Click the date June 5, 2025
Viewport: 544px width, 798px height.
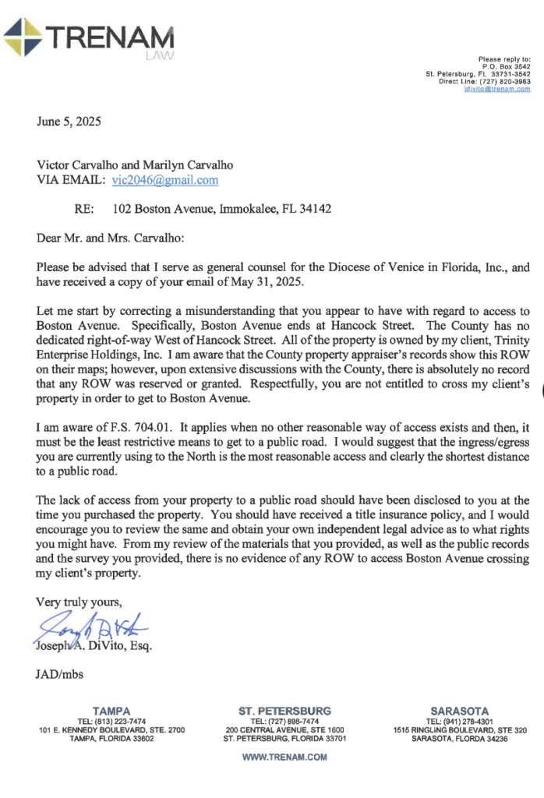click(x=69, y=122)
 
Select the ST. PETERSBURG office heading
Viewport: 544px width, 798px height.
click(x=284, y=711)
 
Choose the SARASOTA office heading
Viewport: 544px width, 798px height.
click(x=459, y=711)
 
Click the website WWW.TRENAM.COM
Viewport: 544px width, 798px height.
click(x=284, y=757)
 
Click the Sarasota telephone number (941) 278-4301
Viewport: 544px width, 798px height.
click(x=467, y=721)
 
